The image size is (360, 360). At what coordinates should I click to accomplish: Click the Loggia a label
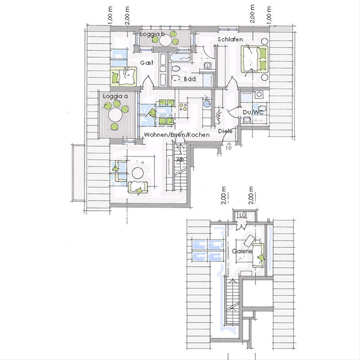pos(115,96)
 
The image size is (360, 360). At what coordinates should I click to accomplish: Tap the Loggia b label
pos(152,34)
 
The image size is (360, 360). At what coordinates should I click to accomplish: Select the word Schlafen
pos(230,39)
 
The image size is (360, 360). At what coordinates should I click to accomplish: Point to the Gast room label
pos(147,63)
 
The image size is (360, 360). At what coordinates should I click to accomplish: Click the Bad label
pos(190,79)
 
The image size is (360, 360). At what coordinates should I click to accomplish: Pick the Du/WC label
pos(253,112)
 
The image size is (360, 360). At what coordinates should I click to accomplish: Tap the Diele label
pos(225,131)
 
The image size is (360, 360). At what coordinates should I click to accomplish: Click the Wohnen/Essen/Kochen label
pos(177,135)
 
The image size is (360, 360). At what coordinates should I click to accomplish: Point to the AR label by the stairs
pos(180,160)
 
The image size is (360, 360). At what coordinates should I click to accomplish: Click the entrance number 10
pos(229,148)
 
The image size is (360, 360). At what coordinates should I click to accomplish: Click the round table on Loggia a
pos(115,115)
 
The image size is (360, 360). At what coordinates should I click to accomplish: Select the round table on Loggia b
pos(165,40)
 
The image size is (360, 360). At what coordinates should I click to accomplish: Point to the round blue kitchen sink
pos(206,104)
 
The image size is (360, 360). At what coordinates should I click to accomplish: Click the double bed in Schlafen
pos(255,59)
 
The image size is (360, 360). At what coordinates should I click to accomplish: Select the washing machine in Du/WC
pos(259,94)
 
